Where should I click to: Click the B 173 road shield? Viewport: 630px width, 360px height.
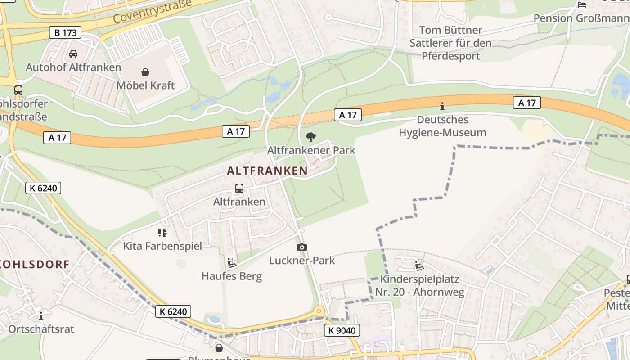coord(65,32)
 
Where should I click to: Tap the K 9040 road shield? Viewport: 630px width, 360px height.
coord(342,331)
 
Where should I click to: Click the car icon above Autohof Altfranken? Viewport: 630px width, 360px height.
coord(73,54)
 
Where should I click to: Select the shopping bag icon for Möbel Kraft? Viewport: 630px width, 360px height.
coord(145,72)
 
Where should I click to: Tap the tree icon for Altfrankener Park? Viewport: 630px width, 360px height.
coord(310,137)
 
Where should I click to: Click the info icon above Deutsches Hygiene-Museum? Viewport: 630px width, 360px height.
coord(442,107)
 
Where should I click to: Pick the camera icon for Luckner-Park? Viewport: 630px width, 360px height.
coord(302,247)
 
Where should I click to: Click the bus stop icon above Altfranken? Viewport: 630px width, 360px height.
coord(239,189)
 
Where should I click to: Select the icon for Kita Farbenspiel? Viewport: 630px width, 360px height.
coord(162,233)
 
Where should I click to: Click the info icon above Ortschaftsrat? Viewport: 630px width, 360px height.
coord(41,316)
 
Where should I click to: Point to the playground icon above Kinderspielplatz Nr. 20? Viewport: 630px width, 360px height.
coord(419,266)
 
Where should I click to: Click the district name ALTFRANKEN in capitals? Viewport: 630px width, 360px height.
coord(267,171)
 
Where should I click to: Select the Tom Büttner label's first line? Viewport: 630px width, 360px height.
coord(450,31)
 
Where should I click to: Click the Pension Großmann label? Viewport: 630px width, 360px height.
coord(581,18)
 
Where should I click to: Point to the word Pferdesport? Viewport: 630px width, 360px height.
coord(451,56)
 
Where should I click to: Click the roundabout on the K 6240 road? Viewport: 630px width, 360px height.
coord(319,310)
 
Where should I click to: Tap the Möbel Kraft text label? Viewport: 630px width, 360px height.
coord(145,85)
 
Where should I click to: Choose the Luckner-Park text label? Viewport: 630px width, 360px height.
coord(302,261)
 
